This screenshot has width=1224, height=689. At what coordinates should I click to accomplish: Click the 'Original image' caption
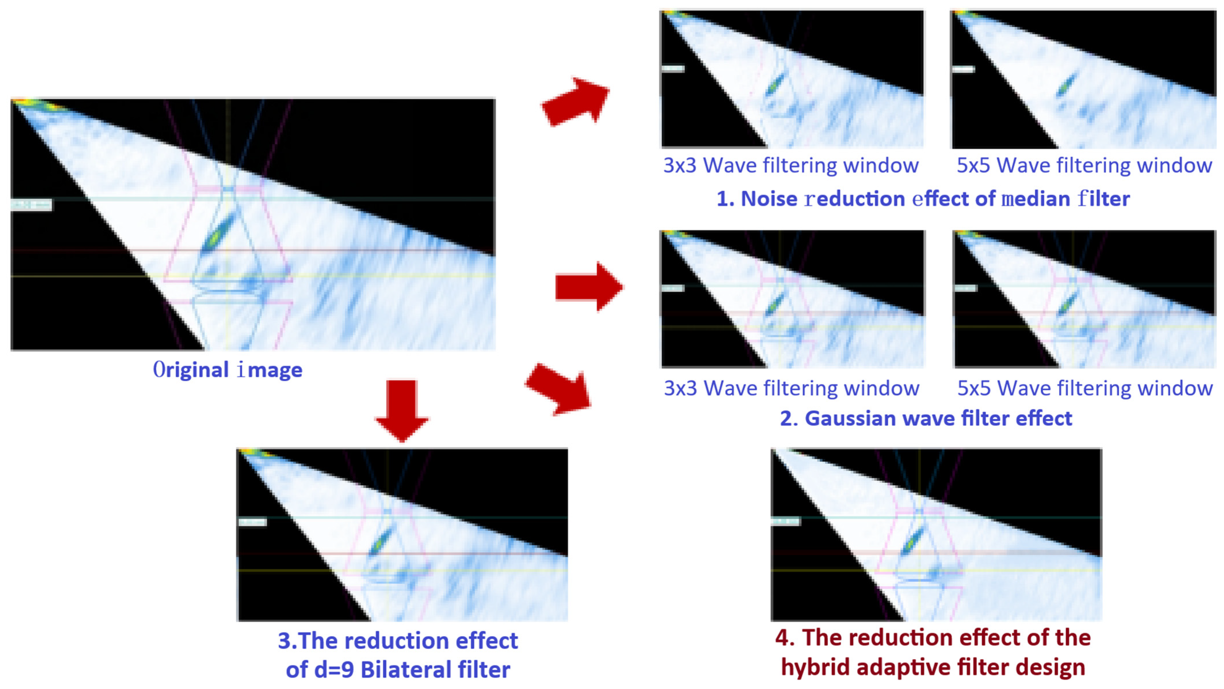coord(227,370)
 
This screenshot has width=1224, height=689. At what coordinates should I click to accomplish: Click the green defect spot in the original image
coord(217,235)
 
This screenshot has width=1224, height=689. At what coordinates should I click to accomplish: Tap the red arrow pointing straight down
coord(402,409)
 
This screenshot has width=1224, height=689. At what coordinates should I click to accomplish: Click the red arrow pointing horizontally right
coord(589,287)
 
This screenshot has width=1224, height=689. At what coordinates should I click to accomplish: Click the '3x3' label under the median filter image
coord(679,165)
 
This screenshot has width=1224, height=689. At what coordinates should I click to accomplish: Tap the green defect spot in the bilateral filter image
coord(380,542)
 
